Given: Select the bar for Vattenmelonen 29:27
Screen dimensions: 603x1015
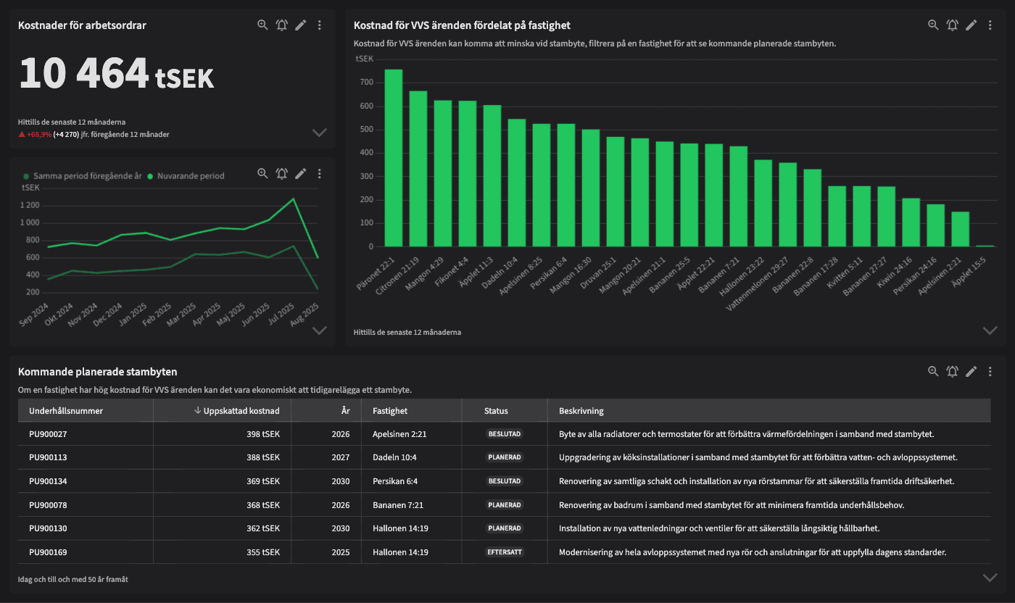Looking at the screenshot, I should coord(787,204).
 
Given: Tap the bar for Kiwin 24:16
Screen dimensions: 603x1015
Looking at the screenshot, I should coord(911,223).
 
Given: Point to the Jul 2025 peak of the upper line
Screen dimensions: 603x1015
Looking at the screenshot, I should coord(294,199).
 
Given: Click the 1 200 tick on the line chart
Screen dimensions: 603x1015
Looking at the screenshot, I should coord(30,205).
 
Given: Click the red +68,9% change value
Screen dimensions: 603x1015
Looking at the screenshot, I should coord(39,135).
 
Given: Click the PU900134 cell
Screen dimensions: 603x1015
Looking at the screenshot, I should coord(48,481).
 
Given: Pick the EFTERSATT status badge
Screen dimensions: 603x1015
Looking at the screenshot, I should coord(505,552).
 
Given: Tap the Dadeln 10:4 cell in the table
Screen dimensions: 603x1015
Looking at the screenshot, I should coord(394,458).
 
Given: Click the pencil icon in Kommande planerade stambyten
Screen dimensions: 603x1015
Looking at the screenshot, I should coord(971,372).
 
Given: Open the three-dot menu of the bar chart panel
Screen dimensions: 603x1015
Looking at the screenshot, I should coord(990,25).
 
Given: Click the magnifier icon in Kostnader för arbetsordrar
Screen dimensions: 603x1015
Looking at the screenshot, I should coord(262,25).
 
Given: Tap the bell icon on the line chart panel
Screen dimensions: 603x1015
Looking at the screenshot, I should coord(282,174).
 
